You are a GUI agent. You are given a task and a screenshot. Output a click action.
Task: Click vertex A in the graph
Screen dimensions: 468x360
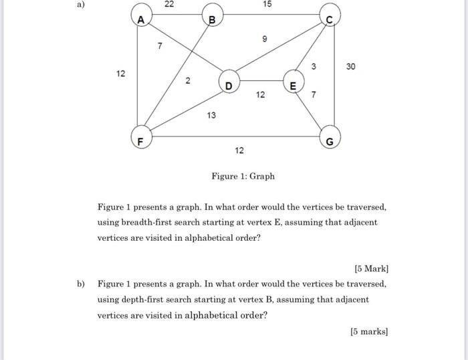point(141,20)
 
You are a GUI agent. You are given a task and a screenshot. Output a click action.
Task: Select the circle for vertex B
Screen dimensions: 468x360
point(212,20)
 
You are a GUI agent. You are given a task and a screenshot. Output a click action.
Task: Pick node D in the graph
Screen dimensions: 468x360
point(229,84)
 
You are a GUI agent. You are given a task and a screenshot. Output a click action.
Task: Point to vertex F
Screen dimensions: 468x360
point(140,141)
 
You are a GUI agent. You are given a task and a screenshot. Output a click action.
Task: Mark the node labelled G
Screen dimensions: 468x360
point(330,141)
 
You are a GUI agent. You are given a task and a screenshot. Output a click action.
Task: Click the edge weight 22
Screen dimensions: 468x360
point(168,5)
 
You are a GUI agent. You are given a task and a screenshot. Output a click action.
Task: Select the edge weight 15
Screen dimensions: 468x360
point(267,5)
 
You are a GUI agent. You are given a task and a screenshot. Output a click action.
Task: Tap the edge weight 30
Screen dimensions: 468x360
point(352,66)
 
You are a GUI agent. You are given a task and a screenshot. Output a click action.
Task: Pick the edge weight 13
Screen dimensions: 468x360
point(211,116)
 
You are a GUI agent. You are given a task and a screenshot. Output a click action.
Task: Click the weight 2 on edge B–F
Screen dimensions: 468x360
point(188,81)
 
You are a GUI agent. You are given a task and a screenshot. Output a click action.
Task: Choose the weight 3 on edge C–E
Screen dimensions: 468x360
point(313,65)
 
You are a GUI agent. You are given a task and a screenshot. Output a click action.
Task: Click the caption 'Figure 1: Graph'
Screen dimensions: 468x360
point(243,177)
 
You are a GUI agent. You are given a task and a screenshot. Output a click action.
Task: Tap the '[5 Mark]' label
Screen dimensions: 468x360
point(371,269)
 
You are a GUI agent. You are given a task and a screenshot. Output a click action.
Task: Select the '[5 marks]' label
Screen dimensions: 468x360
point(369,331)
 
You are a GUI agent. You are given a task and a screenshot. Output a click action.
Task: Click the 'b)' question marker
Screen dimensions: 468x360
point(82,284)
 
